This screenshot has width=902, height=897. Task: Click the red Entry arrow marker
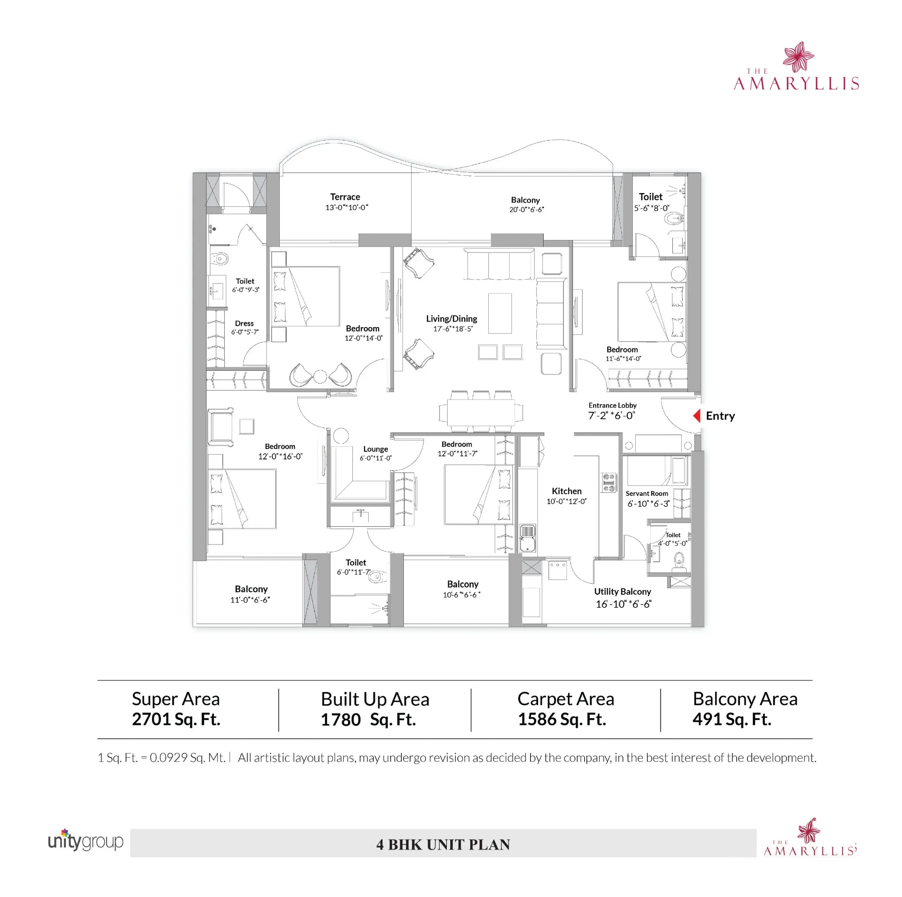pyautogui.click(x=697, y=416)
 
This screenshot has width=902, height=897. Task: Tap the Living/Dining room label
pyautogui.click(x=451, y=319)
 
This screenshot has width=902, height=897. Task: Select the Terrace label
pyautogui.click(x=345, y=197)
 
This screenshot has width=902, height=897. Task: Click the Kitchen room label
pyautogui.click(x=566, y=491)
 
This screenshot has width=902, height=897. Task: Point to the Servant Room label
pyautogui.click(x=647, y=494)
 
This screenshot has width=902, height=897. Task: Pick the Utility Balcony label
pyautogui.click(x=622, y=592)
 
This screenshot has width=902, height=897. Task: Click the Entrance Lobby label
pyautogui.click(x=612, y=405)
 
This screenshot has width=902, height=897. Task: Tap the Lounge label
pyautogui.click(x=375, y=449)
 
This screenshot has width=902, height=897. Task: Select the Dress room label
pyautogui.click(x=244, y=323)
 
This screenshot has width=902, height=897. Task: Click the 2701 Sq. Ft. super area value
pyautogui.click(x=176, y=719)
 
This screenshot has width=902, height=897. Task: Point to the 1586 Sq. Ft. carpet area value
pyautogui.click(x=562, y=719)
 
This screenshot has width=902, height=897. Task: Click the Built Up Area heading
pyautogui.click(x=375, y=699)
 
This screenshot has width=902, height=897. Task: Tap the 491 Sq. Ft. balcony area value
pyautogui.click(x=731, y=719)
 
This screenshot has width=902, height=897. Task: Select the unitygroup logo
pyautogui.click(x=85, y=841)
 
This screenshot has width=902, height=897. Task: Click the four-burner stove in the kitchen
pyautogui.click(x=608, y=483)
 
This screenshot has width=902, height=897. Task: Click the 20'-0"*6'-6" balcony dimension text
pyautogui.click(x=526, y=210)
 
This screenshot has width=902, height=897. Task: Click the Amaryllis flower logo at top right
pyautogui.click(x=798, y=56)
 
